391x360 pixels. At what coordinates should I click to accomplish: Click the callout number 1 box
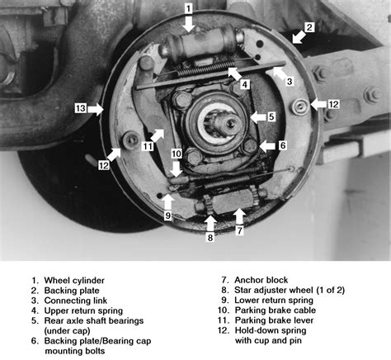pyautogui.click(x=188, y=8)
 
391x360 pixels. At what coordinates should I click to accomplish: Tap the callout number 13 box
pyautogui.click(x=81, y=108)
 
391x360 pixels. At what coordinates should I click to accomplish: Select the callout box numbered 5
pyautogui.click(x=271, y=116)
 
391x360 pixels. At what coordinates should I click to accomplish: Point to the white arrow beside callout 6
pyautogui.click(x=267, y=145)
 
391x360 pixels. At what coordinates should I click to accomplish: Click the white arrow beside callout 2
pyautogui.click(x=299, y=37)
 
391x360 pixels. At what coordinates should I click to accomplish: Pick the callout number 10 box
pyautogui.click(x=177, y=154)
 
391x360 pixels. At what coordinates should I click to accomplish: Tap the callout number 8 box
pyautogui.click(x=210, y=238)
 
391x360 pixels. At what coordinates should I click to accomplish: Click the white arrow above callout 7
pyautogui.click(x=239, y=216)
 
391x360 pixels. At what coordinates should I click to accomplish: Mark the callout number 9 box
pyautogui.click(x=168, y=216)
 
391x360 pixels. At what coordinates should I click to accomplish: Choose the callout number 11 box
pyautogui.click(x=148, y=146)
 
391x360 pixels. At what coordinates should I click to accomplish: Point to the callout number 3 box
pyautogui.click(x=290, y=81)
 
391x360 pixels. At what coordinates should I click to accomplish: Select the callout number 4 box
pyautogui.click(x=245, y=84)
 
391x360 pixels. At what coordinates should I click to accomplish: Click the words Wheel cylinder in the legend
pyautogui.click(x=74, y=281)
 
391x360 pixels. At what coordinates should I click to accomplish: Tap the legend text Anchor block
pyautogui.click(x=261, y=280)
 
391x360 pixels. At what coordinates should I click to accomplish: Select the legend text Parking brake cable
pyautogui.click(x=276, y=310)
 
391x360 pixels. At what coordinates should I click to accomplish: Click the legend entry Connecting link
pyautogui.click(x=76, y=301)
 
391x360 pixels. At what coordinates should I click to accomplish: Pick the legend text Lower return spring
pyautogui.click(x=274, y=300)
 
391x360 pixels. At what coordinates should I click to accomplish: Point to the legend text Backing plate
pyautogui.click(x=72, y=291)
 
